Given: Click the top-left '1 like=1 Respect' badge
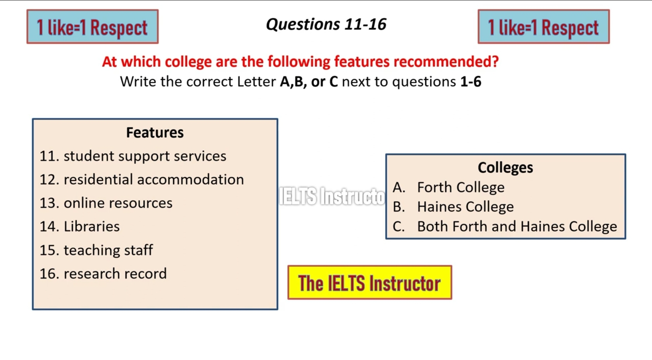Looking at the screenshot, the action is tap(93, 27).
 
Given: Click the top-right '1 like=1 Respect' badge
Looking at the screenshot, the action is tap(544, 27).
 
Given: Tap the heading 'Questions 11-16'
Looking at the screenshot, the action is tap(326, 24).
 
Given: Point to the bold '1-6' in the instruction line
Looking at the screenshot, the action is tap(471, 82).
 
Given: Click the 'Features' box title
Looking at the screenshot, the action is tap(155, 133).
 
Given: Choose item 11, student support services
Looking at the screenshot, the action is tap(133, 156).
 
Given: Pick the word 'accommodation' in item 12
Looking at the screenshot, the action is tap(190, 179).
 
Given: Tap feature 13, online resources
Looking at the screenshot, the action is tap(106, 203).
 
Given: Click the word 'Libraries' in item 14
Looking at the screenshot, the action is tap(92, 226).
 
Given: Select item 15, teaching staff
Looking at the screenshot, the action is tap(96, 250).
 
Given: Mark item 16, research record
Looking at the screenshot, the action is tap(103, 274).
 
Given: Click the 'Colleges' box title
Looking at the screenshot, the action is tap(506, 168).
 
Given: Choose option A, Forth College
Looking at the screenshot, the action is tap(448, 187).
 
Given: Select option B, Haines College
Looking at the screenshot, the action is tap(453, 207).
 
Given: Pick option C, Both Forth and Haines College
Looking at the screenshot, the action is tap(505, 226).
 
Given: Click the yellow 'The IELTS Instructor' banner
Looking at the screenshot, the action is tap(370, 282).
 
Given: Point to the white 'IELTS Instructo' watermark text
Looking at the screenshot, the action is tap(332, 196).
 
